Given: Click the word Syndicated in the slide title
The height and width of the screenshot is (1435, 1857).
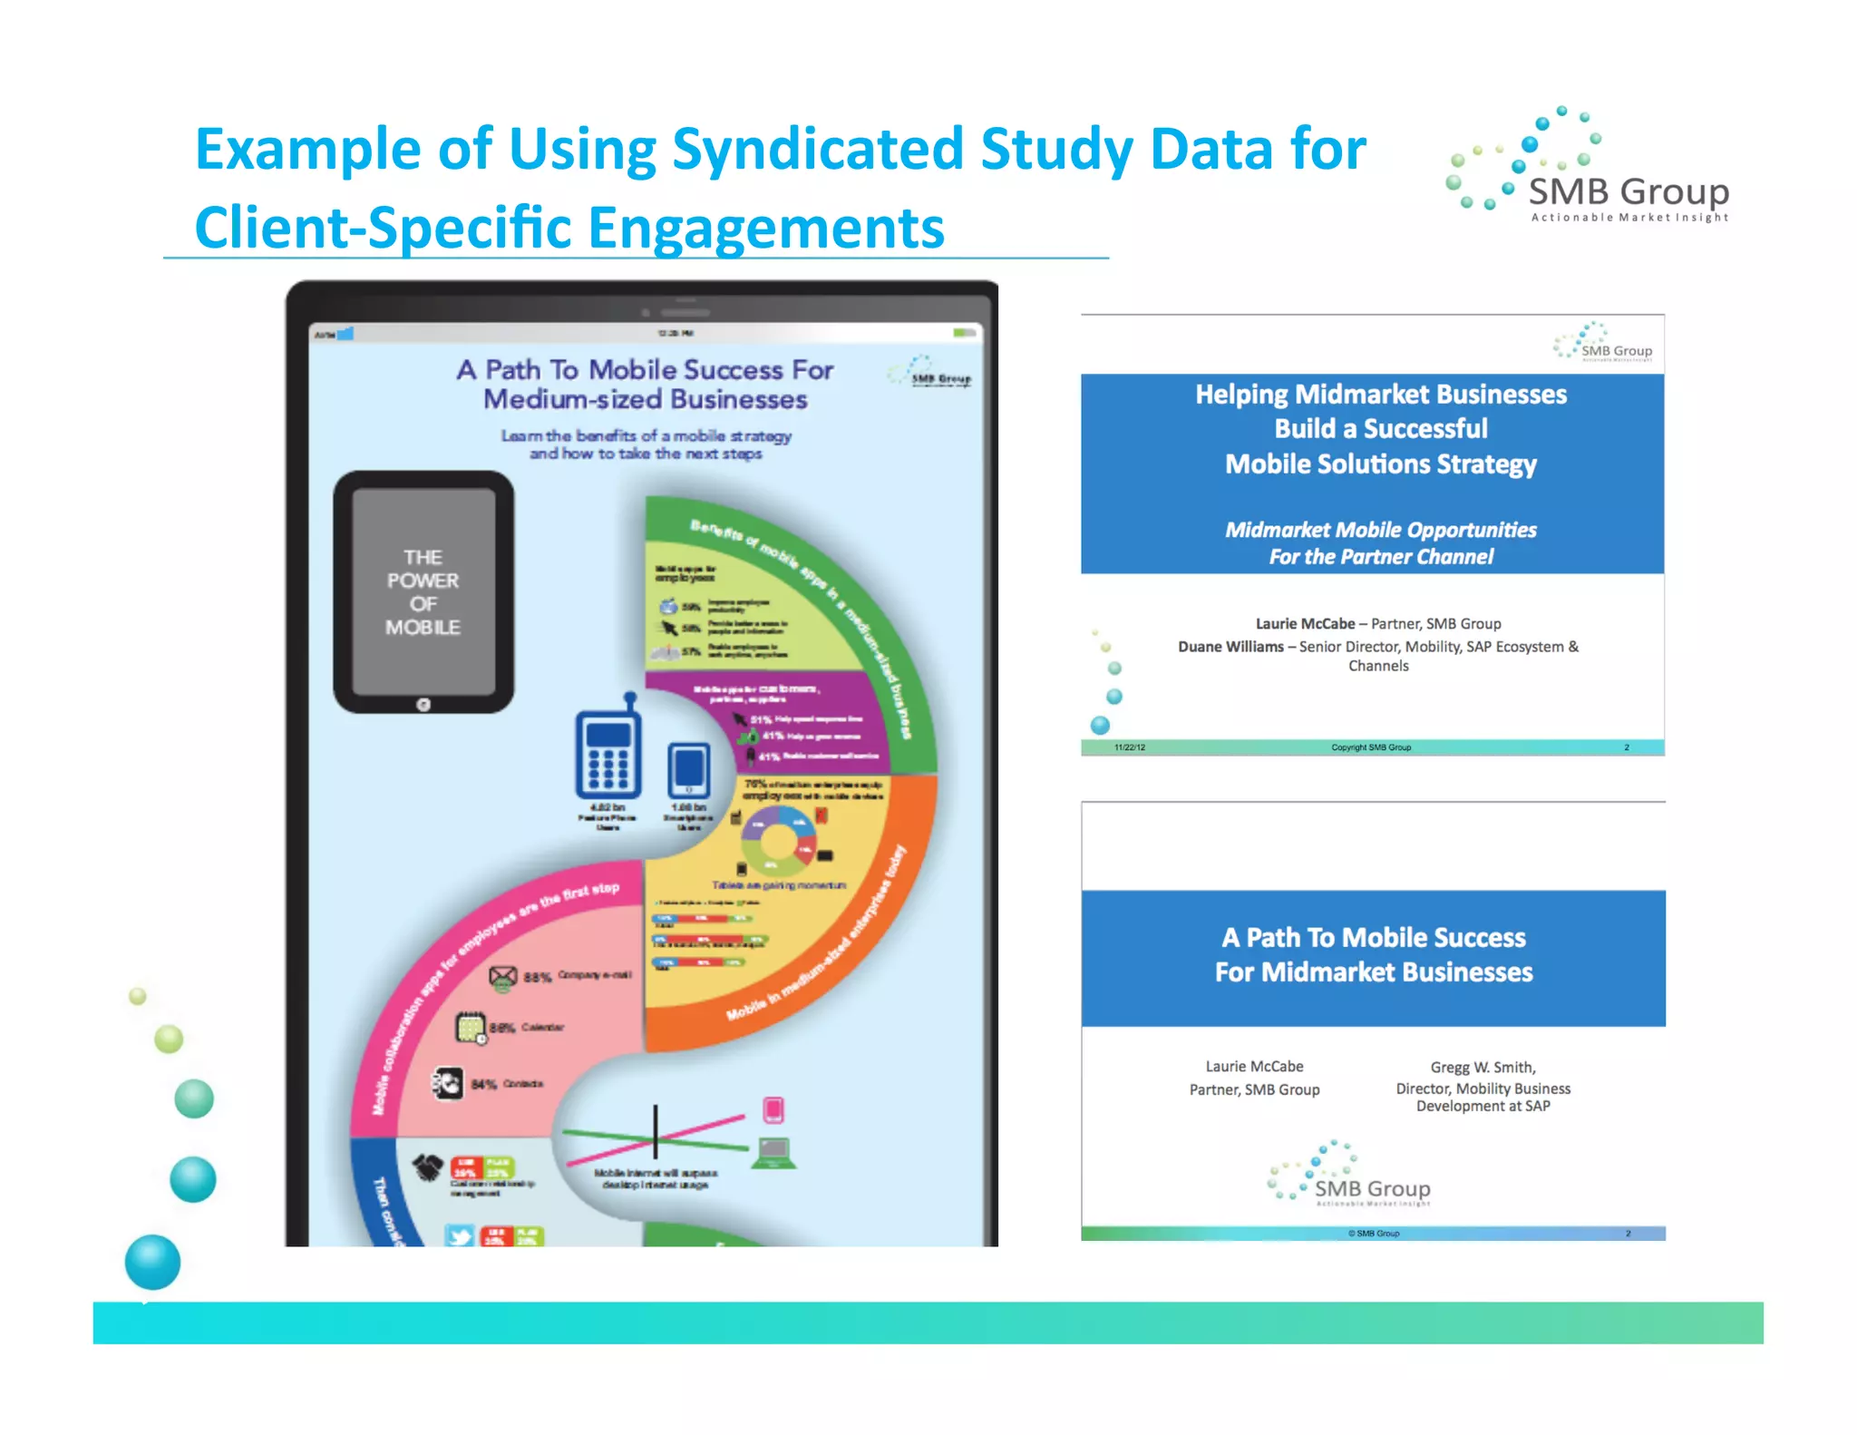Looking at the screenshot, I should [816, 150].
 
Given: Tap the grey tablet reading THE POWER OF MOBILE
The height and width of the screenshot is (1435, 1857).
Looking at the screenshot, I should [423, 591].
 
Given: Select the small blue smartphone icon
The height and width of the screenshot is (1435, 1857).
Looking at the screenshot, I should [688, 770].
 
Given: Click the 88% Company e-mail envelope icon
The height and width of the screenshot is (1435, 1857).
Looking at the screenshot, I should [502, 977].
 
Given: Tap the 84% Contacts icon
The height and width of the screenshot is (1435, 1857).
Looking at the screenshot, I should [447, 1083].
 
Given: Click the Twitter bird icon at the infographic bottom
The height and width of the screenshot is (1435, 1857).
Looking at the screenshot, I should [460, 1235].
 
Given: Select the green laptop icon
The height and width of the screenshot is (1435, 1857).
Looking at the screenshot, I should [773, 1153].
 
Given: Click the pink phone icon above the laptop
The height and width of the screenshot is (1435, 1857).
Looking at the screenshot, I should [773, 1109].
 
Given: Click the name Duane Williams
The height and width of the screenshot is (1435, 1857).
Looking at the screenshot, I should [1230, 647].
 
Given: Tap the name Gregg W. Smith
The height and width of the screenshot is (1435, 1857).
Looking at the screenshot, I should [1482, 1067].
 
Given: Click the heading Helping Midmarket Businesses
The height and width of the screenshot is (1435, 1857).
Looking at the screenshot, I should [1380, 395].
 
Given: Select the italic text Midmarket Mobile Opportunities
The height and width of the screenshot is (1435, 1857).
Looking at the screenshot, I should [1380, 530].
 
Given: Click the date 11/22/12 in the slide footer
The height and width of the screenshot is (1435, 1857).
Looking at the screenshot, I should [1129, 747].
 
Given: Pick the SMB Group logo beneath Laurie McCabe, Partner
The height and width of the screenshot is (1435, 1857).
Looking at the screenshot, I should [1351, 1176].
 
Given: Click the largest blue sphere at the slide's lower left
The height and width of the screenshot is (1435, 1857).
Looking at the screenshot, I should [152, 1261].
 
